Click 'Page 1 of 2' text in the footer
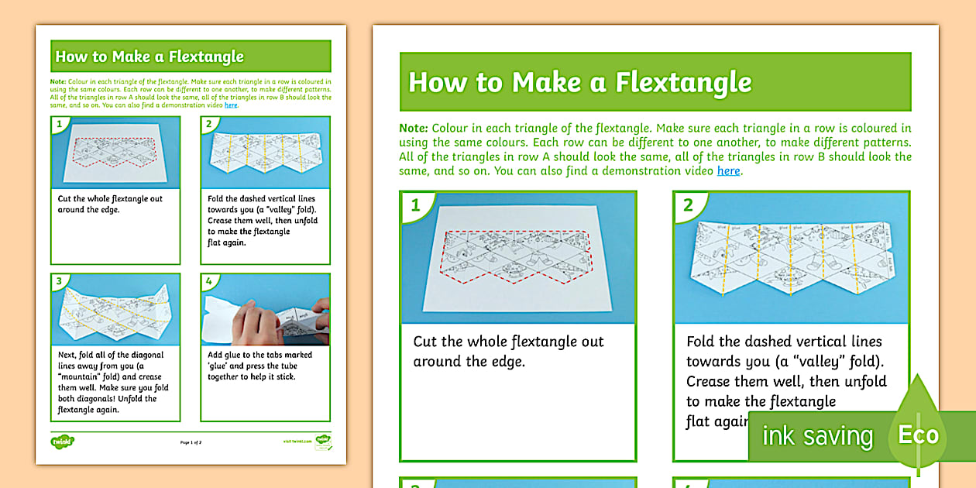coord(191,442)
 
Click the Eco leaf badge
coord(918,434)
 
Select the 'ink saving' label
coord(816,436)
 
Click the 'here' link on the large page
coord(728,170)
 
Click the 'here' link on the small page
coord(231,105)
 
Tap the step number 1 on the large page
coord(415,205)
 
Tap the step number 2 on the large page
coord(688,205)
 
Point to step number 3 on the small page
coord(58,280)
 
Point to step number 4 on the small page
coord(208,280)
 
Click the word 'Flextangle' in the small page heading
coord(208,57)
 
